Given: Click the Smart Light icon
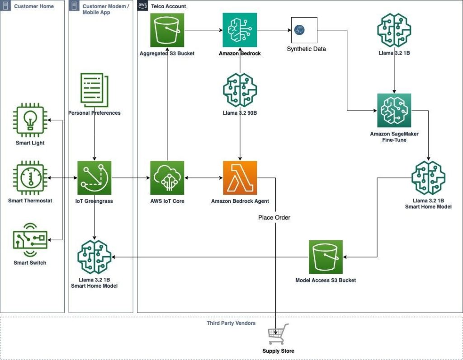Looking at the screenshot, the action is pyautogui.click(x=30, y=120).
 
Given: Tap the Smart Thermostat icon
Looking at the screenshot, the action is pyautogui.click(x=30, y=178).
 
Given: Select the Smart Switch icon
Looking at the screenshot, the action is pyautogui.click(x=30, y=240).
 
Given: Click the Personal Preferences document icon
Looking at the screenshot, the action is pyautogui.click(x=94, y=90).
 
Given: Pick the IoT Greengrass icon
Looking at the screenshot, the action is pyautogui.click(x=94, y=178).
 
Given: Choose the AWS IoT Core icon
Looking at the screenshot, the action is pyautogui.click(x=167, y=178).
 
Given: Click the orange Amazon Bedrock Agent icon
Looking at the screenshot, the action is pyautogui.click(x=240, y=178).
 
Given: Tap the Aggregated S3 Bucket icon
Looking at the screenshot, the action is pyautogui.click(x=167, y=30).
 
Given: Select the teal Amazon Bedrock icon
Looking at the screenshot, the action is pyautogui.click(x=240, y=30).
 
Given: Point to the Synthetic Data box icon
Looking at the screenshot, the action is pyautogui.click(x=304, y=30).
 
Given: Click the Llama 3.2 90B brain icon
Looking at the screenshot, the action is pyautogui.click(x=240, y=90).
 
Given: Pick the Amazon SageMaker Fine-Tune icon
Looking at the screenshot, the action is pyautogui.click(x=394, y=110).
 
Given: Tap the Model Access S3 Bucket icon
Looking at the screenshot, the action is pyautogui.click(x=326, y=257).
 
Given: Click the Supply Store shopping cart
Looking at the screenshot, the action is pyautogui.click(x=278, y=334).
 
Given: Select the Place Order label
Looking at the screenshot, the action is pyautogui.click(x=274, y=217).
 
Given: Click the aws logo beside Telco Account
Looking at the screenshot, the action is pyautogui.click(x=142, y=5).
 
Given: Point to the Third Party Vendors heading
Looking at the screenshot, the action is pyautogui.click(x=231, y=323).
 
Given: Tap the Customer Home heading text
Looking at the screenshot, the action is pyautogui.click(x=34, y=6).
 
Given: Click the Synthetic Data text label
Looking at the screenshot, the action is pyautogui.click(x=306, y=49).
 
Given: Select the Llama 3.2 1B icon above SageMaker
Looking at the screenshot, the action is pyautogui.click(x=394, y=30).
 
